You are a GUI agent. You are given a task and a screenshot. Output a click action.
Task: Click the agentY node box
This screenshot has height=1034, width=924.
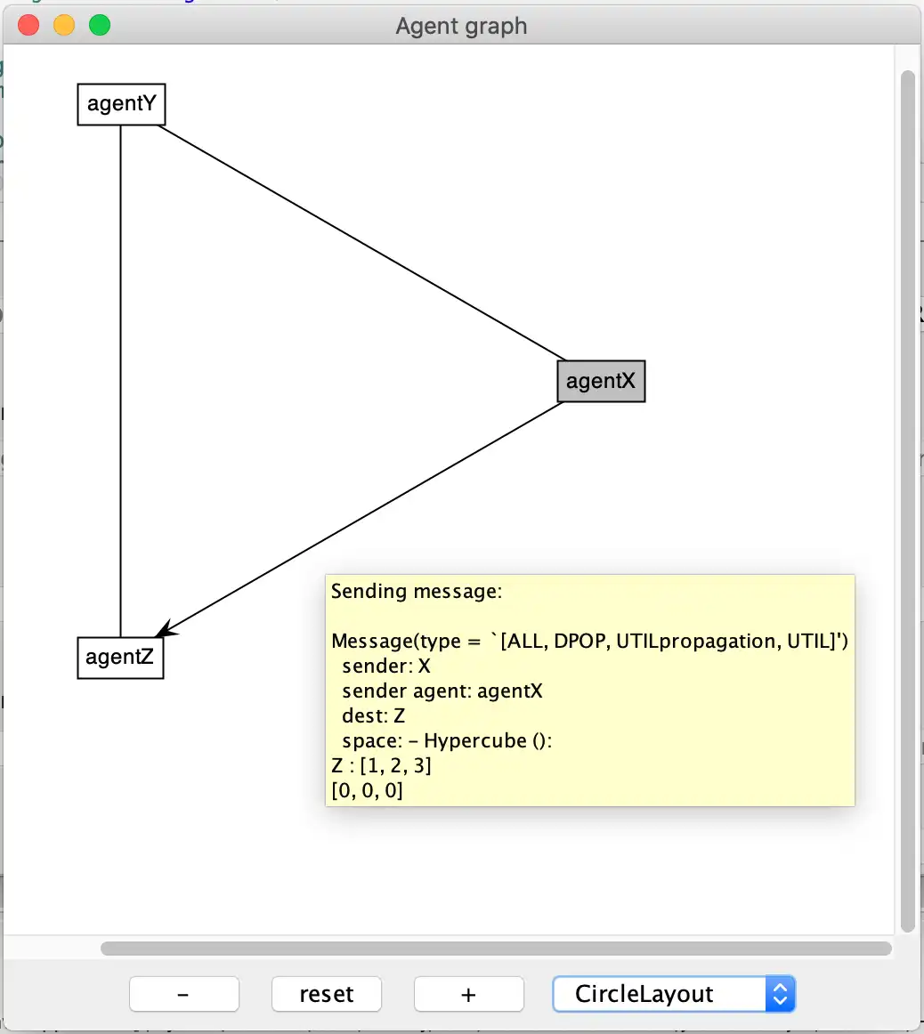121,104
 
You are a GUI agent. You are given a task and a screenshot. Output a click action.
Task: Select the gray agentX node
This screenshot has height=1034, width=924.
601,381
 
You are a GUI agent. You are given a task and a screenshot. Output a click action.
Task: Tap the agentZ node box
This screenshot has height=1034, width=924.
120,658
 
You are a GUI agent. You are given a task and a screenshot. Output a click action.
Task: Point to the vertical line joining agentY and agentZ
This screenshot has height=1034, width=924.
120,383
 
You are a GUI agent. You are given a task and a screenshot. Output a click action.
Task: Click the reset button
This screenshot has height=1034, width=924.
326,994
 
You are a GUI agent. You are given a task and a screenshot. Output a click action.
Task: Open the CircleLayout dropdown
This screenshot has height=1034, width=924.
673,994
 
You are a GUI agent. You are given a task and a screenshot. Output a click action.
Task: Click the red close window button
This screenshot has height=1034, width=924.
29,25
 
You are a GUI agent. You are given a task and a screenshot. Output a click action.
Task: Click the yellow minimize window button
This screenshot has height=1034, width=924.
64,25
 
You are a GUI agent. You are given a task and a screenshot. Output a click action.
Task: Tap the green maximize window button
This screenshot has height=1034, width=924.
100,25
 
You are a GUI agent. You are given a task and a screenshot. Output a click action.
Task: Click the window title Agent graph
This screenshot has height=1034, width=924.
461,26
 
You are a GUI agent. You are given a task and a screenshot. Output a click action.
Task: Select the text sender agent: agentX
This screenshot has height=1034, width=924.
442,691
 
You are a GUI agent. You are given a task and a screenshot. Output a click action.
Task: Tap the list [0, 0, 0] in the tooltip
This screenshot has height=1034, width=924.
367,790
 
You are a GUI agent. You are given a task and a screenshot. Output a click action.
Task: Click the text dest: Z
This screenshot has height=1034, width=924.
373,716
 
